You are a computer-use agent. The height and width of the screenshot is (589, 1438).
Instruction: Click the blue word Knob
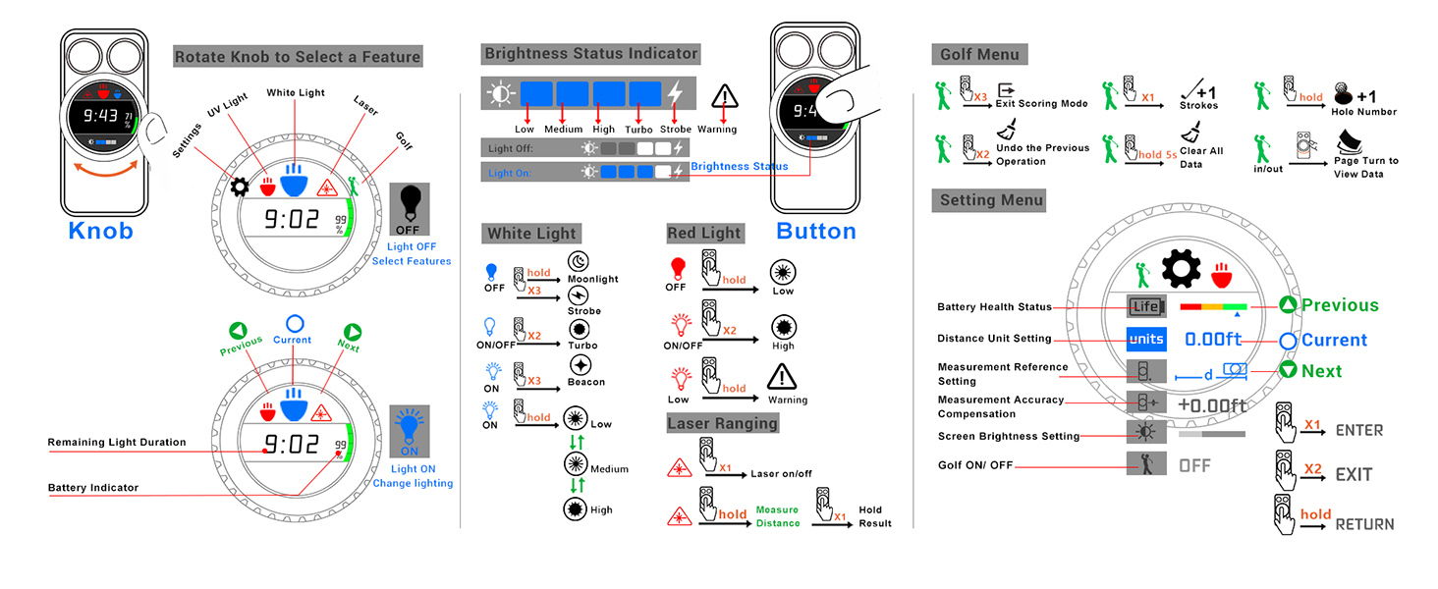pyautogui.click(x=101, y=231)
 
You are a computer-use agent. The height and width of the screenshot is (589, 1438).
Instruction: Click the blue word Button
pyautogui.click(x=816, y=231)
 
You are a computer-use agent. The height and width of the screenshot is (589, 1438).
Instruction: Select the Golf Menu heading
pyautogui.click(x=979, y=55)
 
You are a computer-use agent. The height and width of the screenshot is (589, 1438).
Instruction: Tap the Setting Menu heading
pyautogui.click(x=989, y=200)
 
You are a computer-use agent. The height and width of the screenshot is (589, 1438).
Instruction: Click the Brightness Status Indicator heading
pyautogui.click(x=590, y=54)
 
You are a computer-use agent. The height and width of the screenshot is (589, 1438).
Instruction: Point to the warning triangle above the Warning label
pyautogui.click(x=725, y=96)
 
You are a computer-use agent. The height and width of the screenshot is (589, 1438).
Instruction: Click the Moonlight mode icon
pyautogui.click(x=579, y=261)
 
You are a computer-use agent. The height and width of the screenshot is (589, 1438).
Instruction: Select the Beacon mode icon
pyautogui.click(x=581, y=365)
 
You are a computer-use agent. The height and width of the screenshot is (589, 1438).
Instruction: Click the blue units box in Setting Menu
pyautogui.click(x=1146, y=339)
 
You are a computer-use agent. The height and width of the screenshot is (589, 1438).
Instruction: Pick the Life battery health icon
pyautogui.click(x=1146, y=306)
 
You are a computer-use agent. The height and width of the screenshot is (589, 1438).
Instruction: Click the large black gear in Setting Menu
pyautogui.click(x=1181, y=268)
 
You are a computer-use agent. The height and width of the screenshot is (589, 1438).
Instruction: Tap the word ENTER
pyautogui.click(x=1359, y=431)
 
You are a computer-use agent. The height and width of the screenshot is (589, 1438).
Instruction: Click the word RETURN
pyautogui.click(x=1364, y=525)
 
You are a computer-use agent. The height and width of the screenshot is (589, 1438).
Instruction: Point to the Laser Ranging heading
pyautogui.click(x=723, y=423)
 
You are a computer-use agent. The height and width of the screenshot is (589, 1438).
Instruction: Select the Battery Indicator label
pyautogui.click(x=93, y=488)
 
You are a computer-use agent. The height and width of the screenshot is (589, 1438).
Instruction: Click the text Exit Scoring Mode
pyautogui.click(x=1041, y=103)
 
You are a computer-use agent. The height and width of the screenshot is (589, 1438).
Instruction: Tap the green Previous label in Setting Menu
pyautogui.click(x=1340, y=305)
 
